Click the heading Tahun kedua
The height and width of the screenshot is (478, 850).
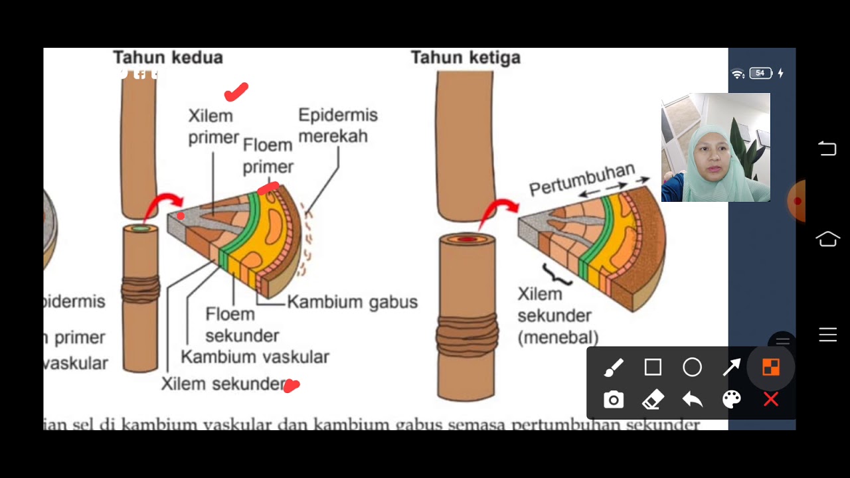167,58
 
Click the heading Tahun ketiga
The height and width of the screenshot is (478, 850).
465,58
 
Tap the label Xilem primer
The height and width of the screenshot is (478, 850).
212,126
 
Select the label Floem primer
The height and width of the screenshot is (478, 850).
268,155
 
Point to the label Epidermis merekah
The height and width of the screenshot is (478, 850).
337,125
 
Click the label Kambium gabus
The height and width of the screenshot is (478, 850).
352,302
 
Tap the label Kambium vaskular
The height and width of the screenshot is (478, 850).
254,357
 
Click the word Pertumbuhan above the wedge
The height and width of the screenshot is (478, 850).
582,179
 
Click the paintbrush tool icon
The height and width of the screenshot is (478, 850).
614,367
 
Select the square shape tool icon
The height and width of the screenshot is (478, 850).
653,367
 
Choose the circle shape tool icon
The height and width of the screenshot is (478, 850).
692,367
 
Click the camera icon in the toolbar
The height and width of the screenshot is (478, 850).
614,400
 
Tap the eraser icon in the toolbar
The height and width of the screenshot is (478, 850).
653,400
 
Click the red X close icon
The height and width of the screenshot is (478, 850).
770,400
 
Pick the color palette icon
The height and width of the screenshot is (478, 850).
731,400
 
